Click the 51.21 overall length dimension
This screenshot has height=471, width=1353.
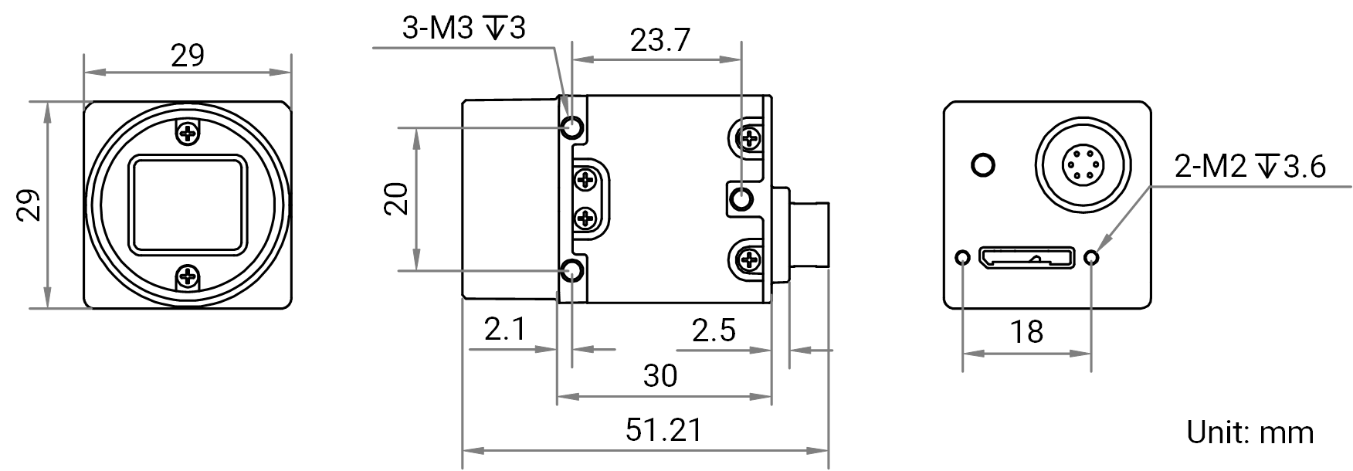(664, 430)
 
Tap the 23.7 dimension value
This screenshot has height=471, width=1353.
(660, 40)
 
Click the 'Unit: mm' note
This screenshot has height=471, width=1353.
(1250, 432)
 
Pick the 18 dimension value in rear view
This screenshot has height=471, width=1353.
(1026, 332)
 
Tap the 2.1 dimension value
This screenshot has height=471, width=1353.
(505, 330)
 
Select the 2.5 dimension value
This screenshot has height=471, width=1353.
(714, 331)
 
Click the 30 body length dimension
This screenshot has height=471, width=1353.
(660, 376)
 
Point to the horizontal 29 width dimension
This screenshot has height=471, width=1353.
(188, 56)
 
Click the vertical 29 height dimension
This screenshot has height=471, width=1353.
(29, 205)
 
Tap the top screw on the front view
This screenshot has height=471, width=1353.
(188, 134)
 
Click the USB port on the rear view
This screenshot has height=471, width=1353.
(1027, 256)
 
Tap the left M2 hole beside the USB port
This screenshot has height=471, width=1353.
(962, 257)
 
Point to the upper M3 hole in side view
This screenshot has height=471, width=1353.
(572, 126)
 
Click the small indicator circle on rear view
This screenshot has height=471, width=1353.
(983, 164)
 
